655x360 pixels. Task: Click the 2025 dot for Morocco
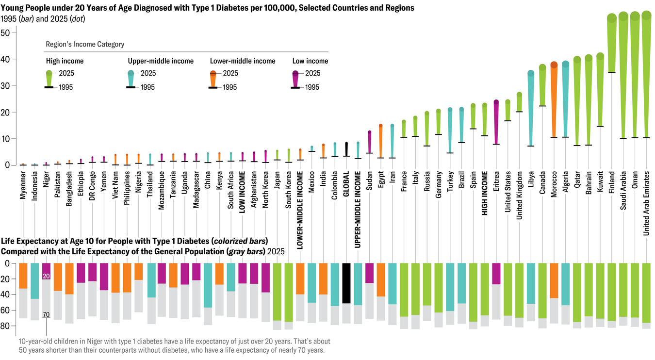coord(554,65)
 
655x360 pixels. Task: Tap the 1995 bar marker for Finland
coord(612,72)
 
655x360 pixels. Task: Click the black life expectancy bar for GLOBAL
coord(346,283)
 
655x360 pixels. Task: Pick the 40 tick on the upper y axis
coord(11,59)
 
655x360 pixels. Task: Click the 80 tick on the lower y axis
coord(11,326)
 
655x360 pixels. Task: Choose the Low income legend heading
coord(310,61)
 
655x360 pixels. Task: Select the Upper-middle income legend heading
coord(161,61)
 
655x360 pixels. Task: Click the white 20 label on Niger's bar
coord(46,276)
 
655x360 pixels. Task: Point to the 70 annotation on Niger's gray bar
coord(46,315)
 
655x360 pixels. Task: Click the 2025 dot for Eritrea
coord(496,102)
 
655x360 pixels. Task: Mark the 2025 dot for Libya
coord(531,73)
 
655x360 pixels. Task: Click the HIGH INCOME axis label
coord(484,192)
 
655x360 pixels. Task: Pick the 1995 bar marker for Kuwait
coord(600,127)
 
